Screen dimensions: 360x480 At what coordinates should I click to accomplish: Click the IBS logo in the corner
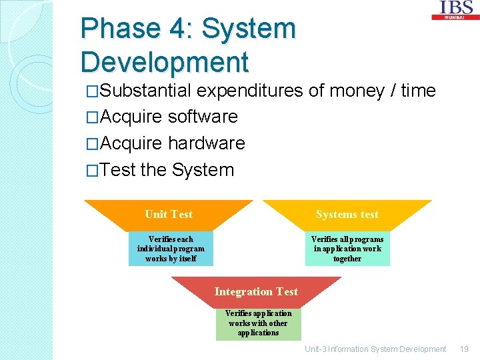(456, 9)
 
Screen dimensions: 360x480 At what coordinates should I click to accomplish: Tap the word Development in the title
(164, 62)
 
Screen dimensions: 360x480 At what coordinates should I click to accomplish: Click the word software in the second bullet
(203, 117)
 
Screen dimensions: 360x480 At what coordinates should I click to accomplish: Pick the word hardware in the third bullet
(207, 143)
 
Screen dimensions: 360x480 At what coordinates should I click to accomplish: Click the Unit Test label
(168, 214)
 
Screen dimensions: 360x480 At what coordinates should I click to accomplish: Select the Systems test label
(347, 214)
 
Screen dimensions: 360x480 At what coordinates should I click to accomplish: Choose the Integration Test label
(256, 291)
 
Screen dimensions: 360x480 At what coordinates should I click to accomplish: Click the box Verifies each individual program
(171, 249)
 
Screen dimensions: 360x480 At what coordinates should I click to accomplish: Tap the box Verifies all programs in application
(347, 249)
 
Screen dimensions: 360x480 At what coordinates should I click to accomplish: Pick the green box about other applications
(258, 323)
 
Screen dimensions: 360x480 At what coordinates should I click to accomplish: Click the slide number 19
(465, 349)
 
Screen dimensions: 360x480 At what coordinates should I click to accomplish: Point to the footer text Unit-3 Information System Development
(375, 349)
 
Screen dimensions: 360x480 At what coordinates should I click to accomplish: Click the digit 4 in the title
(180, 29)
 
